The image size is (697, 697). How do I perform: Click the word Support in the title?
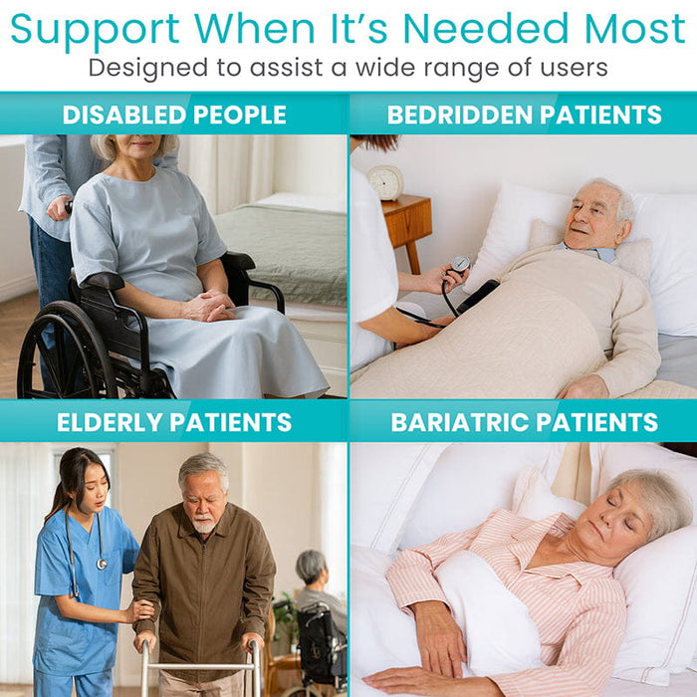pos(95,30)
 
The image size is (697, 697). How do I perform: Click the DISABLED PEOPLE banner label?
pos(174,115)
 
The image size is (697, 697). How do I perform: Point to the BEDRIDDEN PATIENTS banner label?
pos(524,115)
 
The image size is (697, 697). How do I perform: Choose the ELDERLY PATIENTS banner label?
pos(174,422)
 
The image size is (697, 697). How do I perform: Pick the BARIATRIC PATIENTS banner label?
pos(524,422)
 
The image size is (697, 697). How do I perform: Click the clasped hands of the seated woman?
pos(211,305)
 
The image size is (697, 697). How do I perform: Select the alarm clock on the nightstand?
pos(385,181)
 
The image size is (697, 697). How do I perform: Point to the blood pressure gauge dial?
pos(460,264)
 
